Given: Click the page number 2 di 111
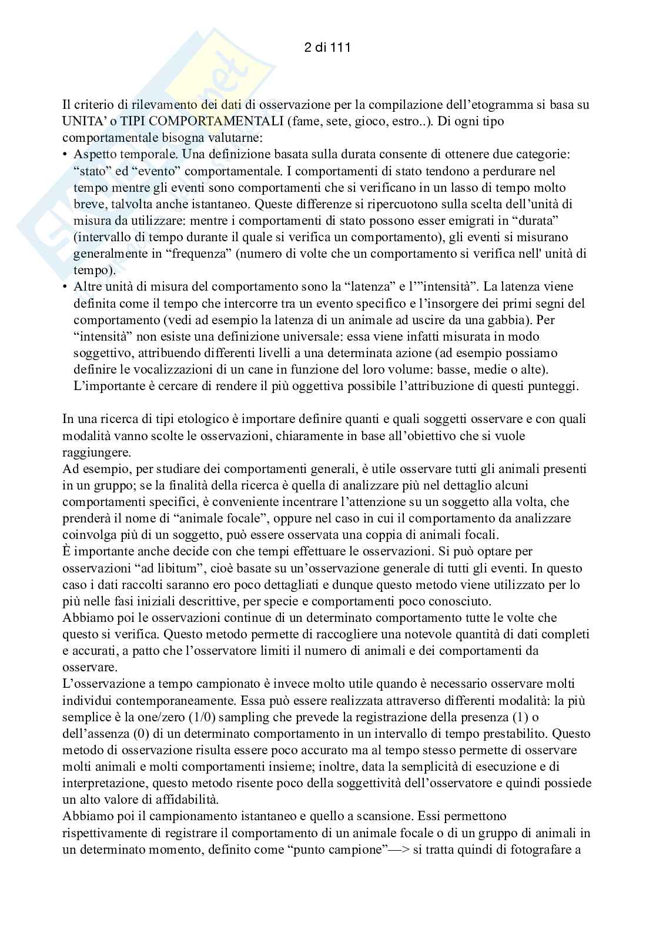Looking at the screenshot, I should pos(327,48).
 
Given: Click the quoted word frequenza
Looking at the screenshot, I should pos(198,254).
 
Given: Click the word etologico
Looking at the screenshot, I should pos(208,419).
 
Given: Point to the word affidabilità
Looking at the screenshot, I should pos(180,800).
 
